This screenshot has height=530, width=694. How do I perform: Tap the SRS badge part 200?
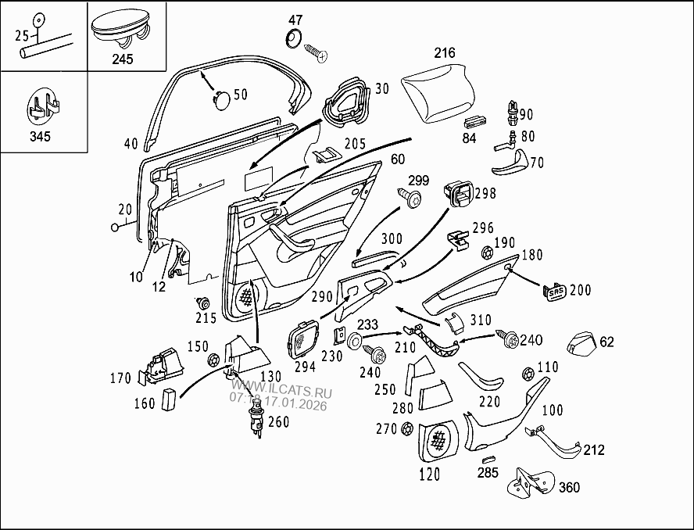[x=555, y=291]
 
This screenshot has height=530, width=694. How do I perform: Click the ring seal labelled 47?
[x=295, y=38]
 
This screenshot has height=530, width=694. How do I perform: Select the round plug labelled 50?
[x=222, y=98]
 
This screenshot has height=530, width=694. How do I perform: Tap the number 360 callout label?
[x=569, y=488]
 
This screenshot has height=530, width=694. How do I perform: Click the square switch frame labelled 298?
[x=458, y=193]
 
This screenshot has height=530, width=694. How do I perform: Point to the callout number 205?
[x=354, y=144]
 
